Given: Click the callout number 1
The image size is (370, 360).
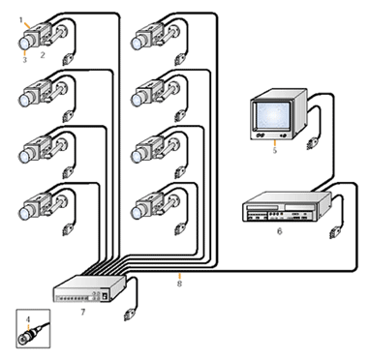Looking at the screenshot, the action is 21,20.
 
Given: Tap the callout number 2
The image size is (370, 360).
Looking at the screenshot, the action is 43,55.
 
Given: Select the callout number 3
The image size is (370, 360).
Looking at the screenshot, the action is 25,60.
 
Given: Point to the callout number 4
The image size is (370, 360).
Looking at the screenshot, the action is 28,319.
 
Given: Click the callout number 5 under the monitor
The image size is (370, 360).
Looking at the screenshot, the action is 275,150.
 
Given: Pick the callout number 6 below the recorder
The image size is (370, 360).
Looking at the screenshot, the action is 280,231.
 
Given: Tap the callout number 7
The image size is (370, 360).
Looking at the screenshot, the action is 83,312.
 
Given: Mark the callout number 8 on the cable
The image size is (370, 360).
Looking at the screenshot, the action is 179,284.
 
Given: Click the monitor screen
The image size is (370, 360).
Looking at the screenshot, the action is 273,116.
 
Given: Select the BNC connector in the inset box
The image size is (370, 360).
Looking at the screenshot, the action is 27,337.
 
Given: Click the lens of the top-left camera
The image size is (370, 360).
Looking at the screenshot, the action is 24,44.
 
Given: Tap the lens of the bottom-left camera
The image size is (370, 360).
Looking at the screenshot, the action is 24,213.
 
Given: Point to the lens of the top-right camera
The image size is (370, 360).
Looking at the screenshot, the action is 137,44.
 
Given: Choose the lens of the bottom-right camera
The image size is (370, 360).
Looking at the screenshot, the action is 137,213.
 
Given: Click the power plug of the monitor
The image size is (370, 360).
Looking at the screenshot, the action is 312,143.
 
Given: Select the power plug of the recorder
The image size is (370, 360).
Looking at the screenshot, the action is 334,232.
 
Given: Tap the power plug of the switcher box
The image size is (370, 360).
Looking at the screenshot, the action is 129,315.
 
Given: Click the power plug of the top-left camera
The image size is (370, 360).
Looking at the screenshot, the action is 68,59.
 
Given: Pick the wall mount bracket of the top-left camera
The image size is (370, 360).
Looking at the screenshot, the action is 62,33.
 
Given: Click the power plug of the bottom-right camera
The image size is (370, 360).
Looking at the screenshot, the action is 179,228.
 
